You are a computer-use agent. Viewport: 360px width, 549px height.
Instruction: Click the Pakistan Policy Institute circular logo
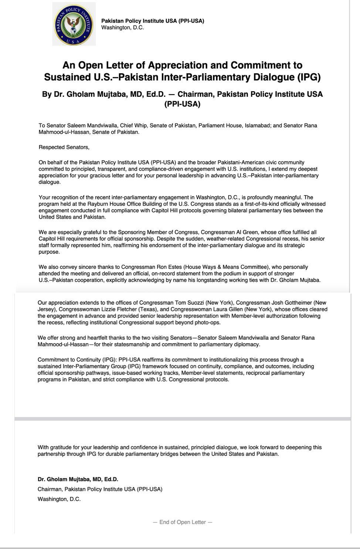pos(74,24)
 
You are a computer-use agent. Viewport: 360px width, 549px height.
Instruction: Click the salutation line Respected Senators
pos(64,147)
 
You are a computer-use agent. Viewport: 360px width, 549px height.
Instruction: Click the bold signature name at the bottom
pos(78,479)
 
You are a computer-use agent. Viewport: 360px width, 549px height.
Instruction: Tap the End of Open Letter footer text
pos(183,522)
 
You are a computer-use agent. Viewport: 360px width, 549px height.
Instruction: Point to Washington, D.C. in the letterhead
pos(122,27)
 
